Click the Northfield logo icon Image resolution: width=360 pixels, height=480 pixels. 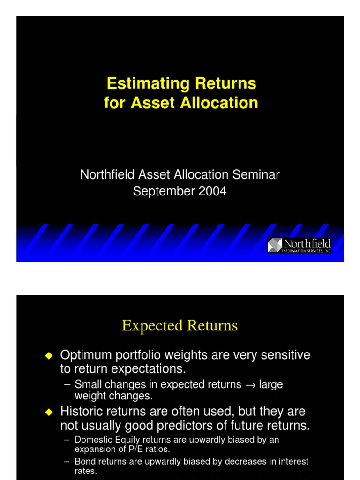tap(275, 245)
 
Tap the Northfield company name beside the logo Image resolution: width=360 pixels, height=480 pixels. tap(307, 244)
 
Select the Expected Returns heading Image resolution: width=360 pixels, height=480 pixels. tap(180, 325)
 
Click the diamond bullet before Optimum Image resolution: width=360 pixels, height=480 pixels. tap(49, 356)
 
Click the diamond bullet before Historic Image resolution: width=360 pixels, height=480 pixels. tap(49, 412)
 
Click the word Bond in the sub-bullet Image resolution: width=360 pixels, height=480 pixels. tap(84, 461)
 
